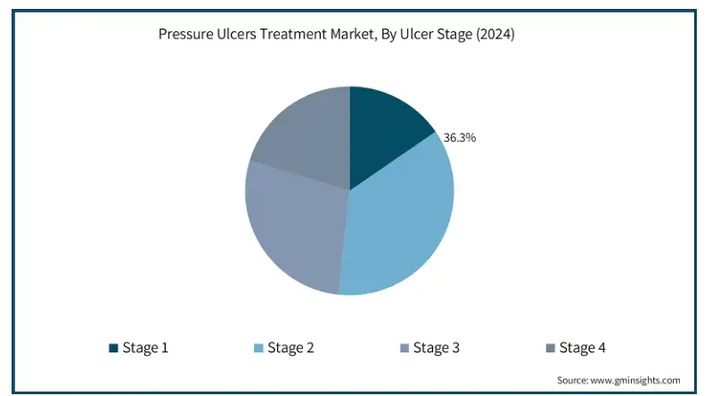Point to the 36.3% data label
pyautogui.click(x=460, y=137)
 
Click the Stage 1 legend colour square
pyautogui.click(x=113, y=348)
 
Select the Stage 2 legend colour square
pyautogui.click(x=258, y=348)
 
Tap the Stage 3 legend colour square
pyautogui.click(x=405, y=348)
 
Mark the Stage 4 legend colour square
pyautogui.click(x=550, y=348)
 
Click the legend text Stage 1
pyautogui.click(x=145, y=348)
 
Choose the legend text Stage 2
pyautogui.click(x=291, y=348)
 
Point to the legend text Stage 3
pyautogui.click(x=437, y=348)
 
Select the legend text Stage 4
pyautogui.click(x=583, y=348)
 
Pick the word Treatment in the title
pyautogui.click(x=293, y=34)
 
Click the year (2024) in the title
pyautogui.click(x=495, y=35)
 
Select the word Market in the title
pyautogui.click(x=353, y=35)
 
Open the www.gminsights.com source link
pyautogui.click(x=635, y=380)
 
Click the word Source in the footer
pyautogui.click(x=572, y=380)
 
